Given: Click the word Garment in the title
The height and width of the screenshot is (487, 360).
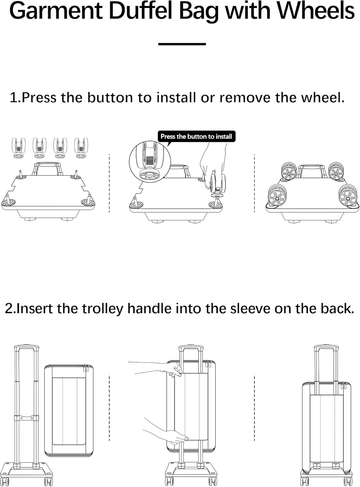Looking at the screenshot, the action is [55, 11].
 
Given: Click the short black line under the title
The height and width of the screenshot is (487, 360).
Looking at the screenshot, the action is [182, 44].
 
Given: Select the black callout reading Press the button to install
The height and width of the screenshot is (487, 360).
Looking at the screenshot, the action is [196, 136].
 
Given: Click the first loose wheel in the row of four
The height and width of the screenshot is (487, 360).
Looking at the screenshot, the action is [19, 148].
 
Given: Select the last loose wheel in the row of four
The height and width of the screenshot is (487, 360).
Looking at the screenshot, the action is [81, 148].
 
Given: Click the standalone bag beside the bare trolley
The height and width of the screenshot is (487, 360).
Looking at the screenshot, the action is [69, 411].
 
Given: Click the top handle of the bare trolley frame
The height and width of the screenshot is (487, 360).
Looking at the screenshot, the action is [26, 348].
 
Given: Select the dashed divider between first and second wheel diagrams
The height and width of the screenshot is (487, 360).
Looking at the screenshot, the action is [109, 183].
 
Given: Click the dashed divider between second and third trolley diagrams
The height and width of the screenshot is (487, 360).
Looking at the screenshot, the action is [254, 407].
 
